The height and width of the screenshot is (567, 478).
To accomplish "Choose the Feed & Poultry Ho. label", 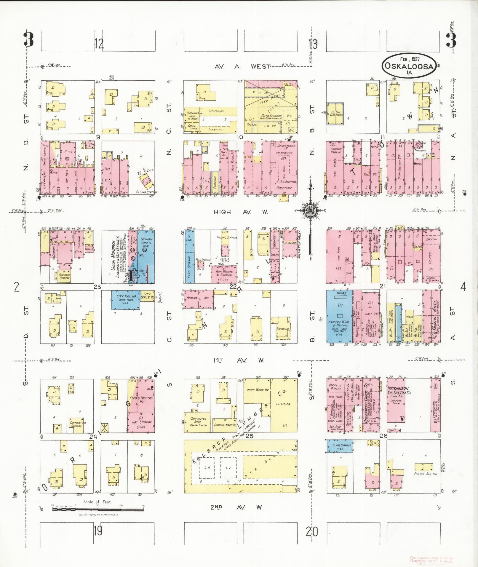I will [141, 400].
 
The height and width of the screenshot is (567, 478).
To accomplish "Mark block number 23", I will [97, 287].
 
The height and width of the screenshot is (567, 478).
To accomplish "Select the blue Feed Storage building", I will [189, 256].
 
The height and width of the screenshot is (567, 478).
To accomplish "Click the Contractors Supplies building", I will [78, 422].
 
